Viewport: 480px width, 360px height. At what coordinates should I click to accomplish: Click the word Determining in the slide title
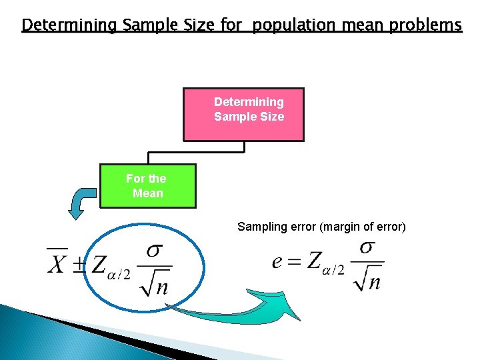[x=68, y=25]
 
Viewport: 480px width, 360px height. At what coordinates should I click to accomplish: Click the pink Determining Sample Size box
[x=243, y=114]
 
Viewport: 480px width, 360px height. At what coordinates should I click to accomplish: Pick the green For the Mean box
[x=147, y=186]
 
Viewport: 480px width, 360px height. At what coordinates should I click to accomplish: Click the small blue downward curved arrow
[x=82, y=201]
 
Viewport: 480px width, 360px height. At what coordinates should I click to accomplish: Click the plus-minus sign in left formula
[x=79, y=264]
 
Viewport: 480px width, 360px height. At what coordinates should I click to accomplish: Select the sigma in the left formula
[x=155, y=251]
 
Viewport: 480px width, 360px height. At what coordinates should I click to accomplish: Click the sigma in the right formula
[x=367, y=247]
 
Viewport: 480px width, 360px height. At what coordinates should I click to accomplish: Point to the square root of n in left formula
[x=155, y=285]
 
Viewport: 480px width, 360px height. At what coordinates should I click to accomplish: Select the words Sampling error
[x=277, y=227]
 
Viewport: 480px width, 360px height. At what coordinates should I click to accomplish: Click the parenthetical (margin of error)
[x=363, y=227]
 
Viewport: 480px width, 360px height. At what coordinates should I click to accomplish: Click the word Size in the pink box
[x=272, y=117]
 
